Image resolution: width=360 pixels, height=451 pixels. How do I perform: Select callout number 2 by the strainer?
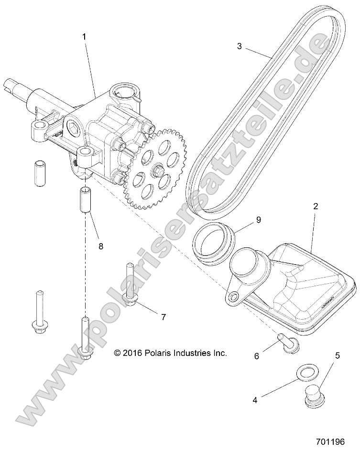click(x=316, y=207)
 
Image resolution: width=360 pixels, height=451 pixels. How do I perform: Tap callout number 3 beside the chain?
click(x=240, y=46)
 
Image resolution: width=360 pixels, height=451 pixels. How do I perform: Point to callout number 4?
click(x=255, y=400)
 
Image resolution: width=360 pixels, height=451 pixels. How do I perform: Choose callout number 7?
click(x=163, y=317)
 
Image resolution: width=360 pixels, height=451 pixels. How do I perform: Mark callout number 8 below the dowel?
click(x=100, y=247)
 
